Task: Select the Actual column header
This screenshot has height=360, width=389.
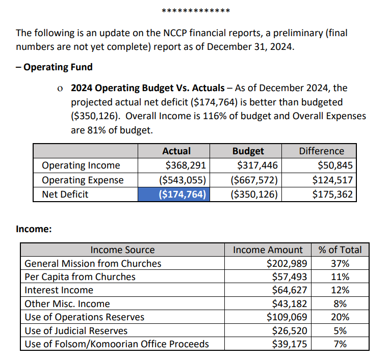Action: pyautogui.click(x=176, y=151)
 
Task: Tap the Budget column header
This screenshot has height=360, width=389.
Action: pyautogui.click(x=248, y=151)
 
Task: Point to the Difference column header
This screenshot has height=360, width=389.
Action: pyautogui.click(x=321, y=151)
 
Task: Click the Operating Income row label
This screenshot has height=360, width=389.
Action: pyautogui.click(x=81, y=165)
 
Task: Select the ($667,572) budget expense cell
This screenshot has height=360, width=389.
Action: pyautogui.click(x=255, y=180)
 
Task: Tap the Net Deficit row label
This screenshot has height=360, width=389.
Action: pyautogui.click(x=65, y=194)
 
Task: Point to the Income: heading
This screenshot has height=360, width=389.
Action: pyautogui.click(x=34, y=229)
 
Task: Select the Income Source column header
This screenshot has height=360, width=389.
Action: pyautogui.click(x=122, y=250)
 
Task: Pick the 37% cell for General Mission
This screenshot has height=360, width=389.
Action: pyautogui.click(x=340, y=263)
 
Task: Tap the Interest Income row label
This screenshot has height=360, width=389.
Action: pyautogui.click(x=59, y=290)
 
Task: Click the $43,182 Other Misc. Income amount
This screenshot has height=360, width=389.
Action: pyautogui.click(x=289, y=304)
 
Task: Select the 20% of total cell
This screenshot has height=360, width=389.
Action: pyautogui.click(x=340, y=317)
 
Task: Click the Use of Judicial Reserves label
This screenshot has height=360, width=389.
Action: pyautogui.click(x=76, y=331)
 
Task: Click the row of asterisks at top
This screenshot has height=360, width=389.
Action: pyautogui.click(x=195, y=11)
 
